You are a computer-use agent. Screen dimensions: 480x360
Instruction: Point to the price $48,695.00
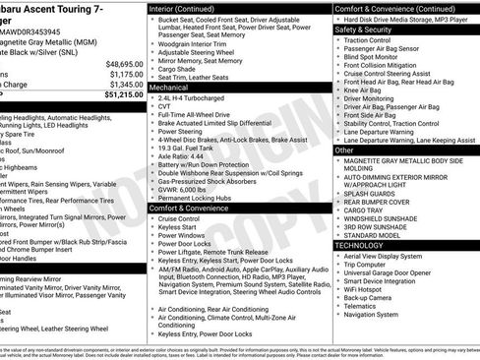tap(124, 63)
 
